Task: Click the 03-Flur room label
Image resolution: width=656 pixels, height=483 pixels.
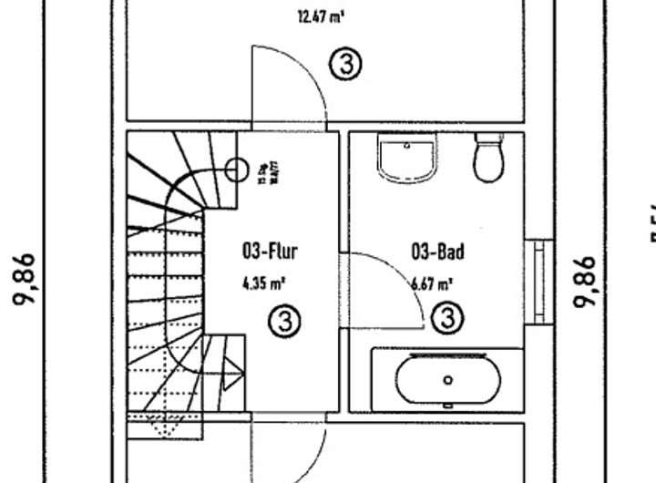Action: [269, 252]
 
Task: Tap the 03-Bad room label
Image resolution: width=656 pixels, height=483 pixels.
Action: [437, 252]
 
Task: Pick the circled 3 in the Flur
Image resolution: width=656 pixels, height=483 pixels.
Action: [285, 320]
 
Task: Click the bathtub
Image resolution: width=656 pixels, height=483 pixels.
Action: [447, 379]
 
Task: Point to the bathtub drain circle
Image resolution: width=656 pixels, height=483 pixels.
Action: [447, 380]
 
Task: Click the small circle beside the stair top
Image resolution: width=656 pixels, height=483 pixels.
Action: [236, 169]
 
